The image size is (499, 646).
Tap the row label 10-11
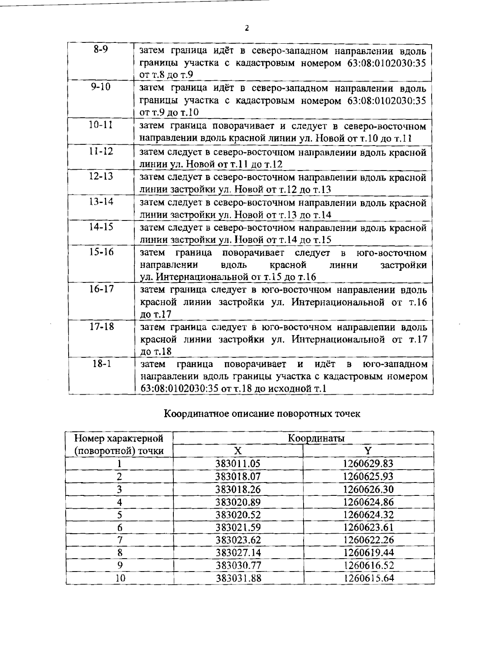point(101,125)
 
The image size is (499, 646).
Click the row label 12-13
point(101,176)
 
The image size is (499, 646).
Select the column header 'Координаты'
point(316,438)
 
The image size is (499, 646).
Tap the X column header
point(237,450)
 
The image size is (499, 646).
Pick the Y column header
point(368,450)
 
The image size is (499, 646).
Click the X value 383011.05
point(238,463)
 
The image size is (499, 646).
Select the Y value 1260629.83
point(368,463)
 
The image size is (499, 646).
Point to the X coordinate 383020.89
point(238,502)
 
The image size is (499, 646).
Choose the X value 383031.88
point(238,578)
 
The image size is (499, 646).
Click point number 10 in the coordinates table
point(120,578)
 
